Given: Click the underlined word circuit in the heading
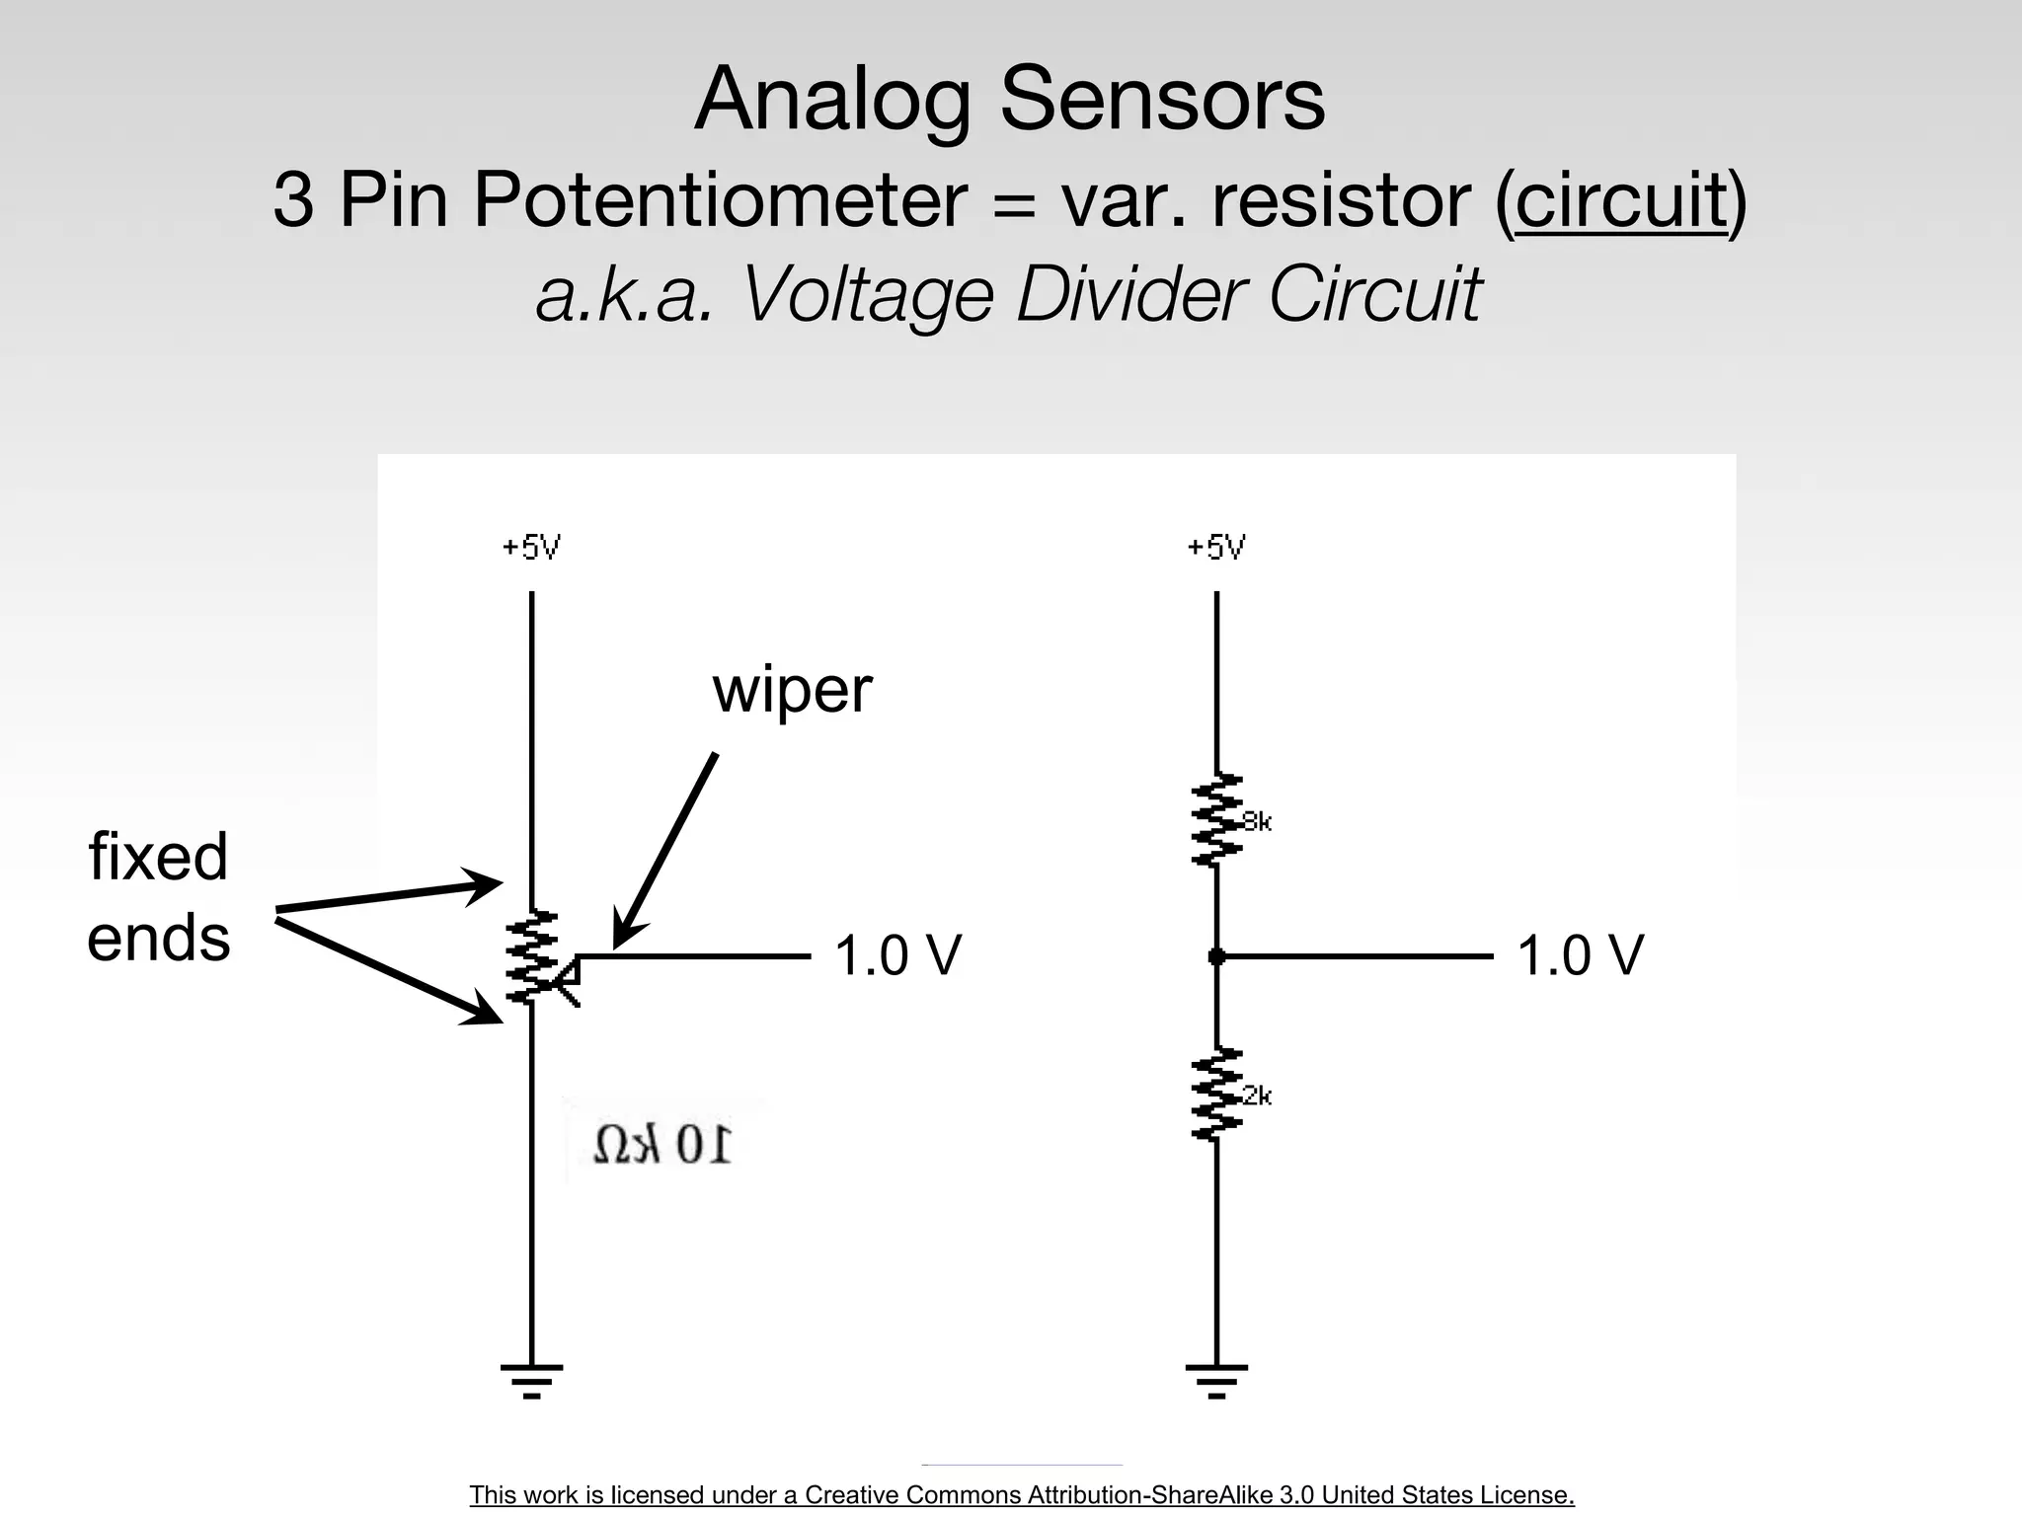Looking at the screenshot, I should pos(1620,200).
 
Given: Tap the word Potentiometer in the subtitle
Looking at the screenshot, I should pos(719,200).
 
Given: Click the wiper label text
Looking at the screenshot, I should pos(792,689).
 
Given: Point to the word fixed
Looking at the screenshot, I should pos(158,856).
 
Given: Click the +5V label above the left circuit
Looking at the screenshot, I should pos(531,547).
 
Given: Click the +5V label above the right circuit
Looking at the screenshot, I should pos(1215,547).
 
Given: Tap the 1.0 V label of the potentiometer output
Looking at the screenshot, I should pos(897,955).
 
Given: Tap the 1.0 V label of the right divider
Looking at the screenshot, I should pos(1580,955).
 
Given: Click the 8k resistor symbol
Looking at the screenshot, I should pos(1216,820).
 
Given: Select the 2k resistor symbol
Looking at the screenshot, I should pos(1216,1095).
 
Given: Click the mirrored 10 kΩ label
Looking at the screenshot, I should pos(662,1145).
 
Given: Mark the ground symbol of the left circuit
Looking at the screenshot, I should pos(531,1380).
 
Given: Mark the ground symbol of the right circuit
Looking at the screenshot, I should pos(1216,1380).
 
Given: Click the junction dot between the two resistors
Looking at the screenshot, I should pos(1216,956).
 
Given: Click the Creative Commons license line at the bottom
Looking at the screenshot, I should pos(1021,1494).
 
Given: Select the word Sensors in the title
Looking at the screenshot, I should pos(1162,100).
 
